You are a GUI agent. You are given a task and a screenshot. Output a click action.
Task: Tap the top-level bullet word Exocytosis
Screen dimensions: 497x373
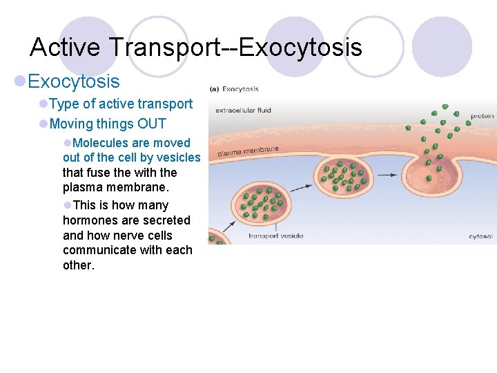[74, 82]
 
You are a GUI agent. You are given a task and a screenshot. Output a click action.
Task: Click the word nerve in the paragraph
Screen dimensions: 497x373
[136, 236]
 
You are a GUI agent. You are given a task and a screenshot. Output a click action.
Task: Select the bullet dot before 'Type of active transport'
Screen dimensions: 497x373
[43, 104]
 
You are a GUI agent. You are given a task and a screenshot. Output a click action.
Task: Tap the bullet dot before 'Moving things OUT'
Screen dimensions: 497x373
[43, 124]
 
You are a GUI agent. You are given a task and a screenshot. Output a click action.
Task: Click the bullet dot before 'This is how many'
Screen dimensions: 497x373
[67, 205]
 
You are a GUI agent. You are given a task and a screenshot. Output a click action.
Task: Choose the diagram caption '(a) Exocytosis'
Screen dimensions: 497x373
[234, 89]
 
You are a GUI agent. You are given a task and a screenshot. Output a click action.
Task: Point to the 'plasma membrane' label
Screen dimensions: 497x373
[248, 151]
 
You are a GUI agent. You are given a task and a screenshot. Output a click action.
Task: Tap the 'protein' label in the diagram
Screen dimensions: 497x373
[482, 116]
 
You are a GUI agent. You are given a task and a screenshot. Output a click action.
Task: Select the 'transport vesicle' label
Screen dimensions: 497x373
[275, 236]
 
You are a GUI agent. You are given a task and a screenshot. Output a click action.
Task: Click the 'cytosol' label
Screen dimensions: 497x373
[480, 236]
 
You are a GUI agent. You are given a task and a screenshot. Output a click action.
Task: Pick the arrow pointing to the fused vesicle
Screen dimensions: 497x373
[387, 175]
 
